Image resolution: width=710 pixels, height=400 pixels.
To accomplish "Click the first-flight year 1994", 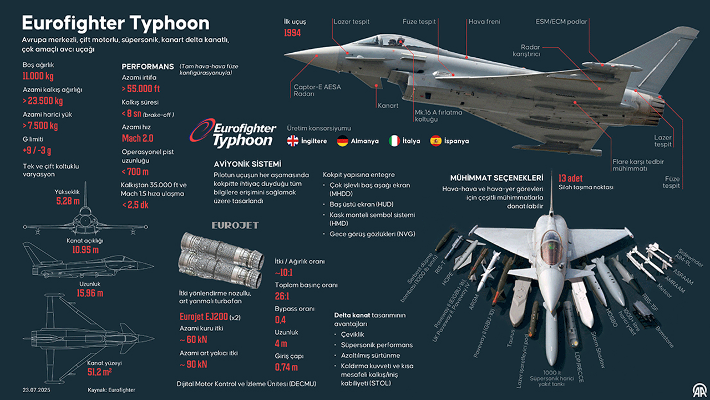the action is pos(292,33).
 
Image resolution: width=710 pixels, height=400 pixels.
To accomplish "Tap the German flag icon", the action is pos(342,141).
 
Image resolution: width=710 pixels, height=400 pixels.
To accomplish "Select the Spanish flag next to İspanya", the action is pos(436,141).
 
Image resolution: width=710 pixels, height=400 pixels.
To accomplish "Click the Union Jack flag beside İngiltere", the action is pos(292,141).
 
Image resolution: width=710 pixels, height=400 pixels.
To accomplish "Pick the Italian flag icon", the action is pos(394,141).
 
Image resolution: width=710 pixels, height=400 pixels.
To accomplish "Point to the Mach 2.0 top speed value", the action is pos(138,138).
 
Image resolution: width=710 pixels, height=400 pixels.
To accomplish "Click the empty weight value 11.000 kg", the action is pos(38,76).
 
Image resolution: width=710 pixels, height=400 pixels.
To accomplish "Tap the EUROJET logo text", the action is pos(235,226).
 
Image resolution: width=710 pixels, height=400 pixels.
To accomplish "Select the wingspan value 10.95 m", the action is pos(85,250).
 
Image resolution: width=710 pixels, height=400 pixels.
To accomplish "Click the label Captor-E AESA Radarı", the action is pos(317,91).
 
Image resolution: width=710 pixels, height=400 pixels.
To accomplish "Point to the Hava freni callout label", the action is pos(484,22).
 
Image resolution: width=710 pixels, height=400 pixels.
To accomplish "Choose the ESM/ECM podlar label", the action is pos(561,22).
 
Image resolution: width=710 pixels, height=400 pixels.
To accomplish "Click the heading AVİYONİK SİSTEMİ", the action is pos(247,164).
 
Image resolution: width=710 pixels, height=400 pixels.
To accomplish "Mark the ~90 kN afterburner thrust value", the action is pos(194,364).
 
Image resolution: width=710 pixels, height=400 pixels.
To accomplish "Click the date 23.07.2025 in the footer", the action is pos(37,390).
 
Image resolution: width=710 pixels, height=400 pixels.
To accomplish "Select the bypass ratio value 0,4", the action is pos(280,319).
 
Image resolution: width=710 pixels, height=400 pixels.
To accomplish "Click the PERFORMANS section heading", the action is pos(148,67).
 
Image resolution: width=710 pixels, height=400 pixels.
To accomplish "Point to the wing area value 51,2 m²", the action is pos(99,372).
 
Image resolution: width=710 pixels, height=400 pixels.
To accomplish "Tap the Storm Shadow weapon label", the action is pos(598,350).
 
